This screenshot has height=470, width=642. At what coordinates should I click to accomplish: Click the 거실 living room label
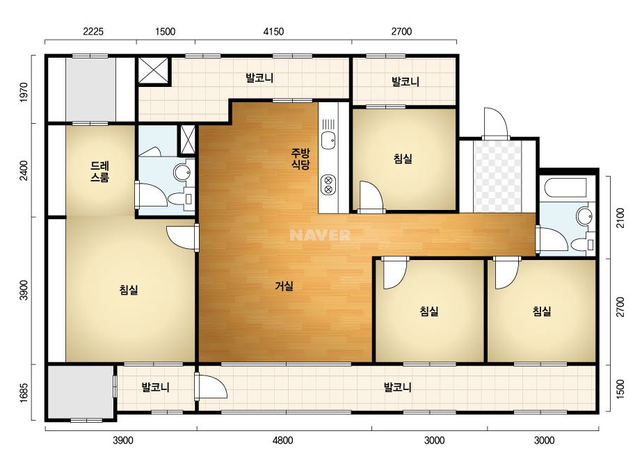coord(284,286)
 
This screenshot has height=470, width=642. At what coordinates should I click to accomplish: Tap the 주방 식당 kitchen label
coord(300,159)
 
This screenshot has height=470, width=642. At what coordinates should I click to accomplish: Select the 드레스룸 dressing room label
coord(100,172)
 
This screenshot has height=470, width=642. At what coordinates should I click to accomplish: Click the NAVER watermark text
coord(320,235)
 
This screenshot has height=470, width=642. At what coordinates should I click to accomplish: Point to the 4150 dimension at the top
coord(273,31)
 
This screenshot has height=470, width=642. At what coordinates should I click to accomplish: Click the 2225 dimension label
coord(93,31)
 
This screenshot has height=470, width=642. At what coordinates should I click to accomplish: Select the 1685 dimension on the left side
coord(24,393)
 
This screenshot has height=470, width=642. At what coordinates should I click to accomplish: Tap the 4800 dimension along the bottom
coord(283,441)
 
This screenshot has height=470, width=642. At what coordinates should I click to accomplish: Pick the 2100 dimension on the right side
coord(620,218)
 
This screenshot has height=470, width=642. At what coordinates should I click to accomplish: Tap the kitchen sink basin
coord(328,140)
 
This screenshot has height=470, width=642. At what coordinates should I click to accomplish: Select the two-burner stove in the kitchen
coord(328,185)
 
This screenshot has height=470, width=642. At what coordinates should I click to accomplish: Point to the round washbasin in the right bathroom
coord(584,216)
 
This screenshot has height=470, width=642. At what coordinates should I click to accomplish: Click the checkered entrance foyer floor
coord(497,176)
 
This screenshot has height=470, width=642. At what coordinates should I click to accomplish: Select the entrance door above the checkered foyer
coord(496,122)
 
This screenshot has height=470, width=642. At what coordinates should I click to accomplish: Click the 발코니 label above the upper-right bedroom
coord(406,81)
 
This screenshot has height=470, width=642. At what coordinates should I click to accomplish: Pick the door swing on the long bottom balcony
coord(211,385)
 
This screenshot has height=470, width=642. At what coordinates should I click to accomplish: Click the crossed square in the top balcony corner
coord(153,71)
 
